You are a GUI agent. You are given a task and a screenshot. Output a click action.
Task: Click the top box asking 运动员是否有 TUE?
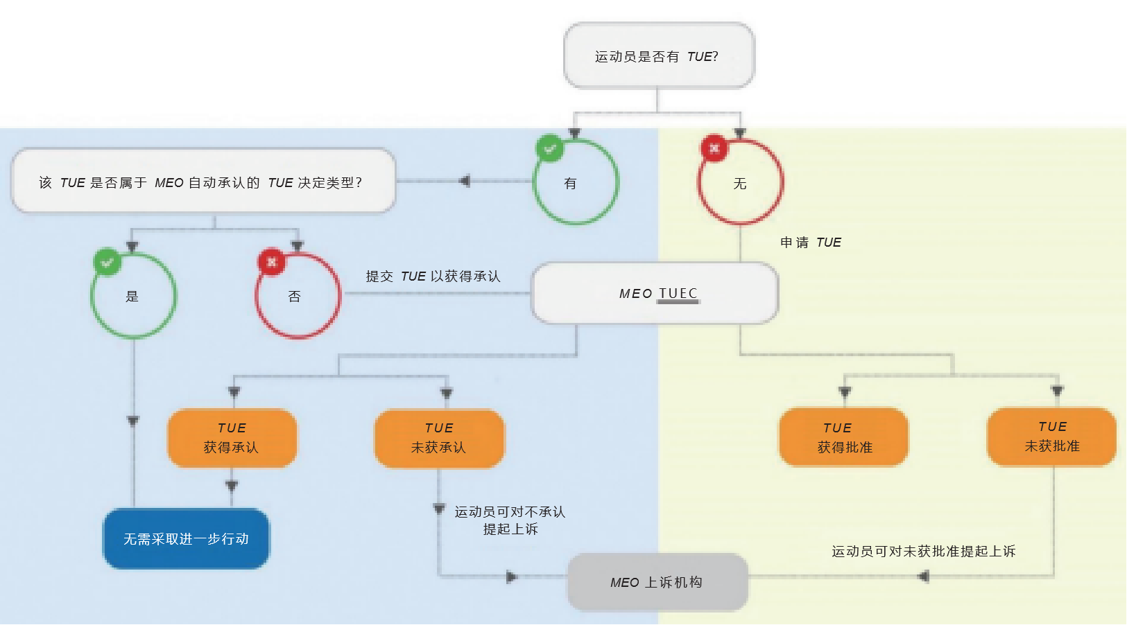[x=659, y=55]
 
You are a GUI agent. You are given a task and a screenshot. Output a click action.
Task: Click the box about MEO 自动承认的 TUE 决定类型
[x=203, y=181]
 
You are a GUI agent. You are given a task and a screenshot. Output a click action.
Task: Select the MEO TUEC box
[x=655, y=293]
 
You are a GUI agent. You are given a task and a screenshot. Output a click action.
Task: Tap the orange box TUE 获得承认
[x=232, y=438]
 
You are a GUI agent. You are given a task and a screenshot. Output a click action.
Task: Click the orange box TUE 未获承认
[x=439, y=438]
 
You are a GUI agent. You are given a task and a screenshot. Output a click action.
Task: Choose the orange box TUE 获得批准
[x=844, y=437]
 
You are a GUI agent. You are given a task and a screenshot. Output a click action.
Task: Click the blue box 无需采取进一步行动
[x=186, y=538]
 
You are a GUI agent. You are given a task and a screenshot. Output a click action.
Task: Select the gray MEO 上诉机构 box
[x=657, y=582]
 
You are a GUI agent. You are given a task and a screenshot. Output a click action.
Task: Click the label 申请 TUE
[x=811, y=243]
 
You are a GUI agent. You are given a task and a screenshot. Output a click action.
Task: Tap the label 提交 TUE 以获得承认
[x=433, y=276]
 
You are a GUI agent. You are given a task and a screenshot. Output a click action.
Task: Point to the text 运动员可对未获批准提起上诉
[x=923, y=551]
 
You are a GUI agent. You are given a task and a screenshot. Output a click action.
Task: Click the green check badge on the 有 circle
[x=549, y=148]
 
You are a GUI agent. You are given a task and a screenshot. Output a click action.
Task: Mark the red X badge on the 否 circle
[x=272, y=262]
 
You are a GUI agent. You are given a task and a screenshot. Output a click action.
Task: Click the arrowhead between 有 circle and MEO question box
[x=465, y=181]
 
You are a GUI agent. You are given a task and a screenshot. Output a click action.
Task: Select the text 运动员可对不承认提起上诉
[x=510, y=520]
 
